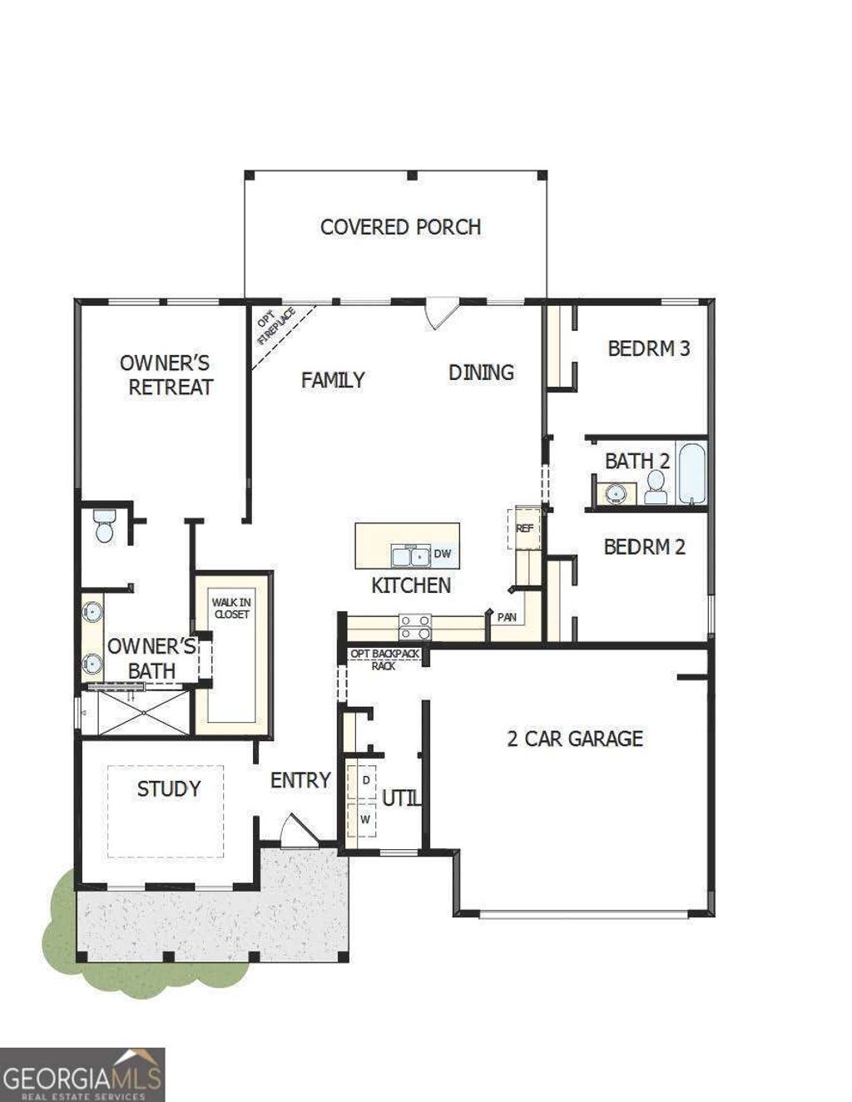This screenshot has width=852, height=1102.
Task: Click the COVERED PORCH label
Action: (x=400, y=226)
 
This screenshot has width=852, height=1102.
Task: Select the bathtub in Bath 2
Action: (x=692, y=474)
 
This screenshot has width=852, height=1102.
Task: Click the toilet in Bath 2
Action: (x=656, y=488)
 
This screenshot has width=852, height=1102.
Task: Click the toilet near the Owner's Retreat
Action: (x=105, y=526)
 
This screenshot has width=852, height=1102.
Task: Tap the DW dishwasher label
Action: (x=442, y=554)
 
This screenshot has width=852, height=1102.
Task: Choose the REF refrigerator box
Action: (x=524, y=527)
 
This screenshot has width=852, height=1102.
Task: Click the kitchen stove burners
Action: (x=415, y=626)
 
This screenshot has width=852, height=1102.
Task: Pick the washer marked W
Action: (x=364, y=819)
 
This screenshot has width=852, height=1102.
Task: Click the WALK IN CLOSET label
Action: (x=230, y=608)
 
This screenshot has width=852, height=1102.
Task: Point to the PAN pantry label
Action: (x=507, y=617)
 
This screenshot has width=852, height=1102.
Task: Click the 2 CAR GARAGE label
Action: (x=575, y=738)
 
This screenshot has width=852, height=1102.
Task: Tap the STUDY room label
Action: (x=169, y=788)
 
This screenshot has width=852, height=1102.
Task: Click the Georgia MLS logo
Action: (x=82, y=1075)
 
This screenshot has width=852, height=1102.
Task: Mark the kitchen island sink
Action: (x=411, y=555)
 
